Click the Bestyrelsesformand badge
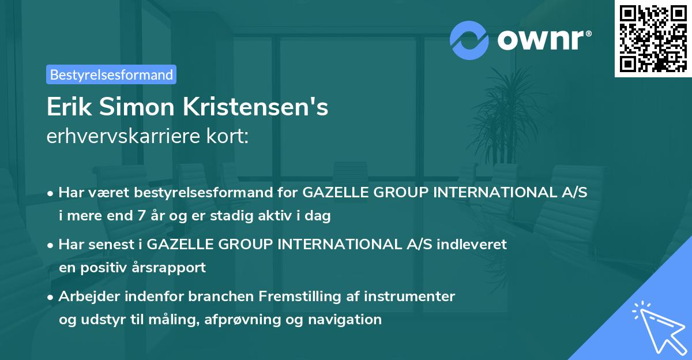coord(111,74)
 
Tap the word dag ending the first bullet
coord(318,217)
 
